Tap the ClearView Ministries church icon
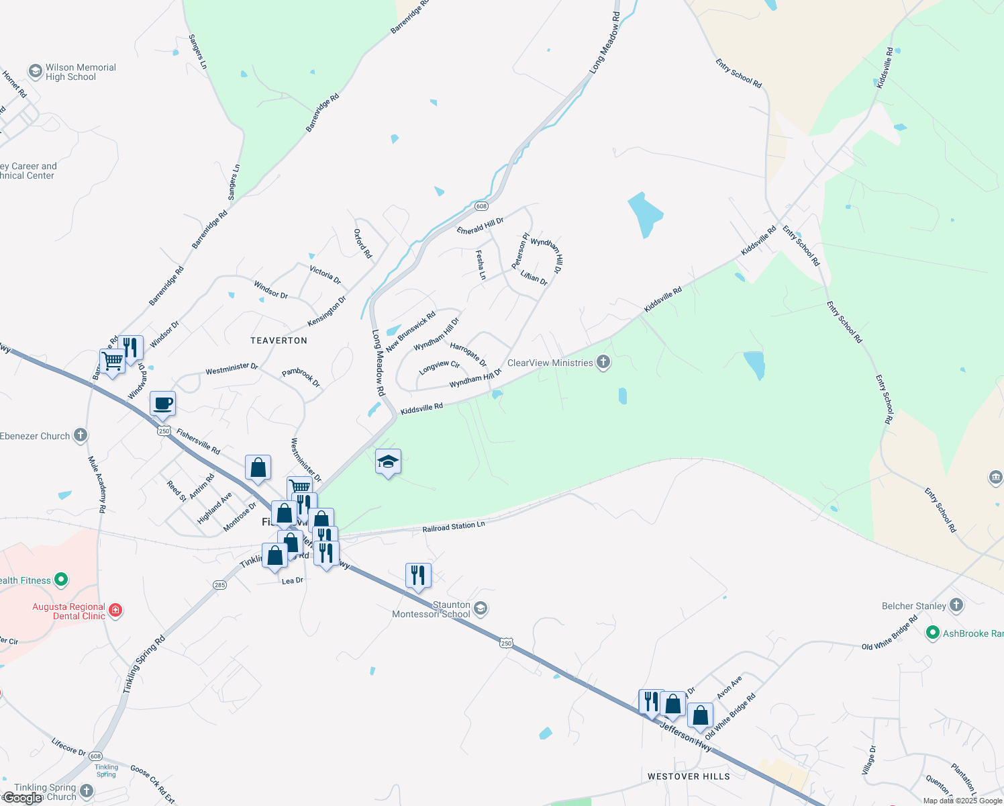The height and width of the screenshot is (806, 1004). pyautogui.click(x=603, y=363)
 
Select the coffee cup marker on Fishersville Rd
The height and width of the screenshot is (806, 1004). pyautogui.click(x=162, y=404)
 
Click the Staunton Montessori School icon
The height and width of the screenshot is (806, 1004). pyautogui.click(x=480, y=609)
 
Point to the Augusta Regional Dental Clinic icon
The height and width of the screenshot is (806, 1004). pyautogui.click(x=115, y=610)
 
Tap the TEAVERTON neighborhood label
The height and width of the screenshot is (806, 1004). pyautogui.click(x=279, y=341)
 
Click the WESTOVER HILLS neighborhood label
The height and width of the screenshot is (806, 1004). pyautogui.click(x=689, y=776)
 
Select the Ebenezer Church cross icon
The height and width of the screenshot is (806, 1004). pyautogui.click(x=81, y=435)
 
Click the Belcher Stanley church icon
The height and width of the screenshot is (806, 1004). pyautogui.click(x=956, y=605)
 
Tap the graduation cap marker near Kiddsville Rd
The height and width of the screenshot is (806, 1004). pyautogui.click(x=388, y=462)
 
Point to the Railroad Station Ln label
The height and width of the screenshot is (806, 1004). pyautogui.click(x=454, y=527)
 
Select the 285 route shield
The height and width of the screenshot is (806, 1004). pyautogui.click(x=219, y=585)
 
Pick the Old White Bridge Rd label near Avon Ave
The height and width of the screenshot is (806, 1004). pyautogui.click(x=730, y=717)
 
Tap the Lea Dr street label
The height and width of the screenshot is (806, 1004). pyautogui.click(x=293, y=580)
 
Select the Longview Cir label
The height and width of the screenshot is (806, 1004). pyautogui.click(x=439, y=367)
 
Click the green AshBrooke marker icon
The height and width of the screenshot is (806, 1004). pyautogui.click(x=932, y=633)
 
